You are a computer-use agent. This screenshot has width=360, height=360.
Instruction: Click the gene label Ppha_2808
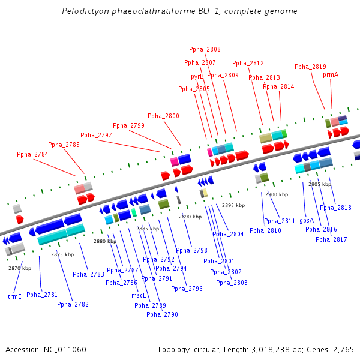(205, 50)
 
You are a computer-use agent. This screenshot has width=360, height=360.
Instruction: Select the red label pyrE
(197, 77)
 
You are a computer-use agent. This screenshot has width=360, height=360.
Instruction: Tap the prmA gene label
(331, 75)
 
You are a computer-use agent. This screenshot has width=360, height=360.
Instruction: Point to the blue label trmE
(14, 296)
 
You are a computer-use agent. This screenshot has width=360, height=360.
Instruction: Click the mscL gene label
(139, 295)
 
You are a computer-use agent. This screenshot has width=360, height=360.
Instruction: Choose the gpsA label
(307, 220)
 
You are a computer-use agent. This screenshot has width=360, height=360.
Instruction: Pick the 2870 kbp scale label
(20, 268)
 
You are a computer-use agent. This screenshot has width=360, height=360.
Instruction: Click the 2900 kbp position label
(277, 194)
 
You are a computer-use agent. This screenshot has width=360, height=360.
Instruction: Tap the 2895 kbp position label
(233, 205)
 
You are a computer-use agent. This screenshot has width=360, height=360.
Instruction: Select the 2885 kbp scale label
(148, 229)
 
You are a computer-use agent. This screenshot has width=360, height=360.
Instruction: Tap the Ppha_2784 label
(32, 155)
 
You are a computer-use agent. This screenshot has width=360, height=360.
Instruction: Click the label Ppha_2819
(310, 67)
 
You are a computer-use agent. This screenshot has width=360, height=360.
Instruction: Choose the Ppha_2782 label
(73, 304)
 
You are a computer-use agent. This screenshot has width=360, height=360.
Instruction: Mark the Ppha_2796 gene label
(187, 289)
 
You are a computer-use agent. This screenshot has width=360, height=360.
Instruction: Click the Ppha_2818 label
(335, 208)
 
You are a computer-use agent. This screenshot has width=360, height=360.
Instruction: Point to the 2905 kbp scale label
(320, 184)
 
